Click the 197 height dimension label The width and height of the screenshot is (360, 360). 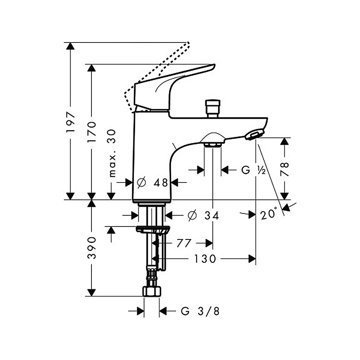coord(71,122)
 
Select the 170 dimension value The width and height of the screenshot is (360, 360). coord(91,132)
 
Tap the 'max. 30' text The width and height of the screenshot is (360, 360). coord(112,153)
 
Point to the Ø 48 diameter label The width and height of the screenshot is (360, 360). coord(152,183)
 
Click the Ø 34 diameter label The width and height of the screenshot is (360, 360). coord(203,215)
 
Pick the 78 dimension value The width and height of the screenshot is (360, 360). coord(284,169)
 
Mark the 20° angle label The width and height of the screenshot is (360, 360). coord(269,213)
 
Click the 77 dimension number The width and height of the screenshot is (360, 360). coord(184,243)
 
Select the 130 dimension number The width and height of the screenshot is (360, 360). coord(205,259)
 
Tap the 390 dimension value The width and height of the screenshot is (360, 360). coord(91,248)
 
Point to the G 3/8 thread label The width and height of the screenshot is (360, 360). coord(200,311)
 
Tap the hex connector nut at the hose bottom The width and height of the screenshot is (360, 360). coord(152,291)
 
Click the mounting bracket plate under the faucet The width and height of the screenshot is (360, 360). coord(153,229)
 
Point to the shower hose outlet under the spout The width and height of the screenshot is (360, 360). coord(213,140)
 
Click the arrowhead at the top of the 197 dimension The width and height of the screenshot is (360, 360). coord(70,46)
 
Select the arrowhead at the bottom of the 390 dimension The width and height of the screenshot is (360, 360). coord(91,293)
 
